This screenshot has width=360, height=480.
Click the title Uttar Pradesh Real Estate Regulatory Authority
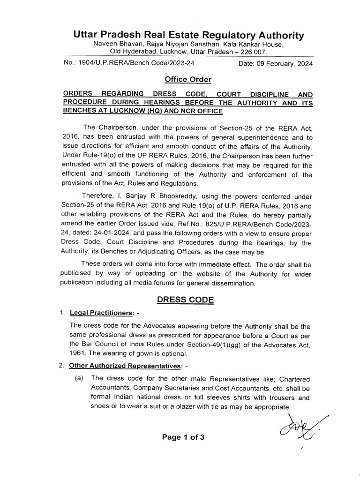[188, 35]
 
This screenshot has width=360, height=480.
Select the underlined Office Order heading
[184, 80]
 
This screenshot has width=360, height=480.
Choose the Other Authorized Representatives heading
[125, 366]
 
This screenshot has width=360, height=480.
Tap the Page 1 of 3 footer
[183, 438]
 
